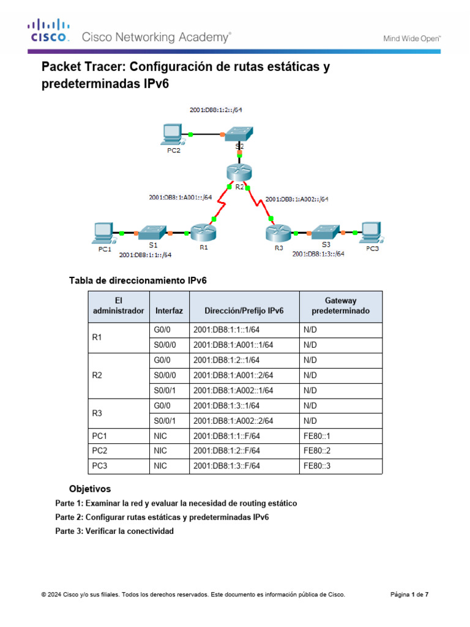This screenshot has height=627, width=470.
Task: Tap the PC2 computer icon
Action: [173, 134]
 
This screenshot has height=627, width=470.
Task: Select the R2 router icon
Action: [239, 174]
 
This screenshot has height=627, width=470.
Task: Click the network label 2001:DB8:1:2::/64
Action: [218, 111]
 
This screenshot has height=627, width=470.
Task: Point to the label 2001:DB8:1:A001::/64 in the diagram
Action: [181, 197]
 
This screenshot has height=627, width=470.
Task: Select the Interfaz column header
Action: [169, 310]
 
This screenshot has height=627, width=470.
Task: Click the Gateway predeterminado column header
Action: [340, 305]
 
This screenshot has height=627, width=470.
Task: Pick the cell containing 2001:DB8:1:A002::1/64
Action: [233, 390]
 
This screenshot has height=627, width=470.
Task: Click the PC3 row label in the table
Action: [100, 466]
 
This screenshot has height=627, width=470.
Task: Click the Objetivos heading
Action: [90, 489]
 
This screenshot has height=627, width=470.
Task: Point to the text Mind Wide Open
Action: [412, 38]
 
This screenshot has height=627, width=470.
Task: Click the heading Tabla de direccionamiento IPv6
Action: [138, 280]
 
